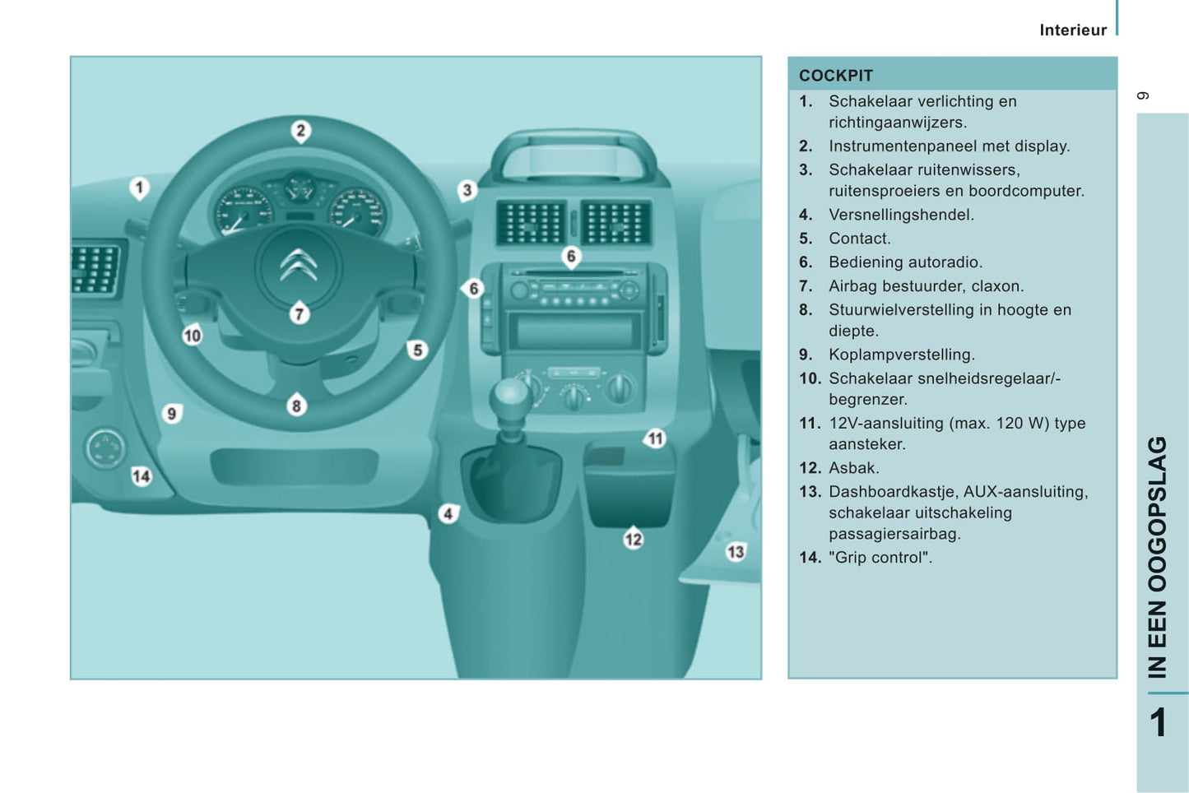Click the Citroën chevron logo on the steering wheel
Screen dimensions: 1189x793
tap(299, 264)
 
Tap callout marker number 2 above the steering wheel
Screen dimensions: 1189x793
tap(301, 131)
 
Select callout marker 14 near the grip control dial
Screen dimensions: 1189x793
tap(142, 476)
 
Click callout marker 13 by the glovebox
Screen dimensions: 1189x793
tap(736, 552)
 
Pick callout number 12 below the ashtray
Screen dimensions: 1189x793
tap(634, 540)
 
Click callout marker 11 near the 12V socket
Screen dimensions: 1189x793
tap(655, 438)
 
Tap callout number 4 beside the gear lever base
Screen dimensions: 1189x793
tap(448, 514)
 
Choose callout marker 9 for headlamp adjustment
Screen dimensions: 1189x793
tap(172, 414)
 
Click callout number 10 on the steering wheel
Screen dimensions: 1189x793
tap(193, 336)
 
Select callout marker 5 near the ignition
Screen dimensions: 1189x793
tap(418, 350)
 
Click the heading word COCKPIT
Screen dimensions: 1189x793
tap(835, 76)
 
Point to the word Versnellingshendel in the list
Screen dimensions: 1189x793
tap(901, 215)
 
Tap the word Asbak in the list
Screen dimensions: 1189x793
tap(853, 467)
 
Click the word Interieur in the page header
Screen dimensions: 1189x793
tap(1073, 30)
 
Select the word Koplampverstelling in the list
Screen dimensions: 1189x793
tap(902, 355)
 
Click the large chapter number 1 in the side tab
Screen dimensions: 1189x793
tap(1159, 722)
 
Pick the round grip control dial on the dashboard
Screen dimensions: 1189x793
tap(105, 448)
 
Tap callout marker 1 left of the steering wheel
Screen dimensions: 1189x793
tap(140, 188)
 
